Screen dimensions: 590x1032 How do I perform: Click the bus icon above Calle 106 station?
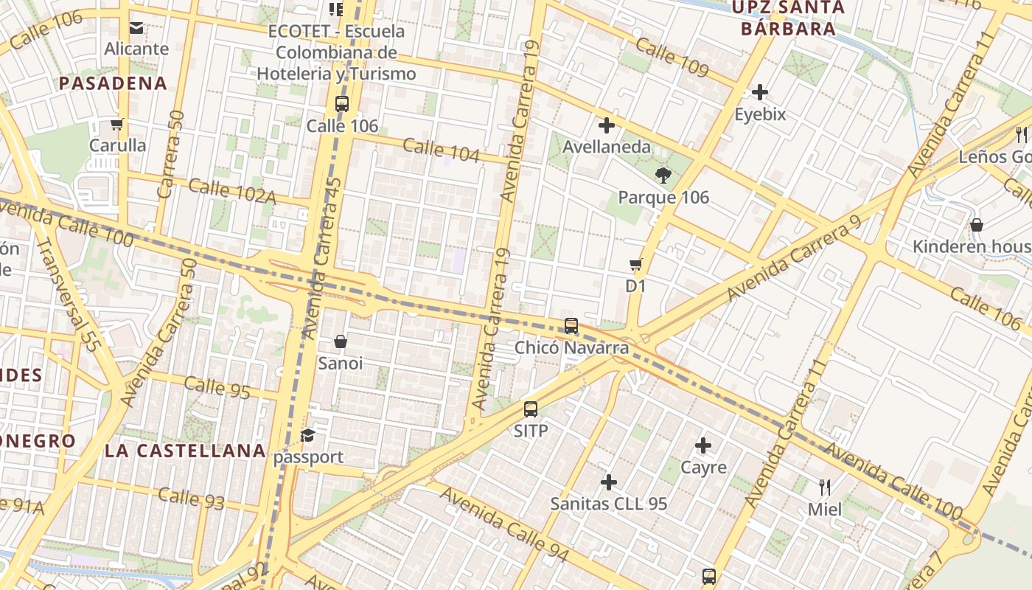tap(341, 104)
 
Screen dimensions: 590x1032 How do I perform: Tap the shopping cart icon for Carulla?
tap(116, 124)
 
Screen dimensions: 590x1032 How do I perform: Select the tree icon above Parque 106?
tap(663, 176)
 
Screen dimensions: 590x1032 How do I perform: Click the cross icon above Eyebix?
tap(760, 92)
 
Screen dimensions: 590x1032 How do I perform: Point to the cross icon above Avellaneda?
tap(607, 125)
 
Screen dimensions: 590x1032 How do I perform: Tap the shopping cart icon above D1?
tap(635, 264)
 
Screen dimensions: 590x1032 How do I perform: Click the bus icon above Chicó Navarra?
tap(571, 326)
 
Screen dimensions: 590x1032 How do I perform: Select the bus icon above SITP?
tap(531, 409)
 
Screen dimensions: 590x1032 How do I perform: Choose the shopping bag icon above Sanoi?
tap(341, 341)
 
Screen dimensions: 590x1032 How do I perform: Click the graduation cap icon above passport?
tap(307, 436)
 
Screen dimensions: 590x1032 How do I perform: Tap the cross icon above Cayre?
tap(703, 445)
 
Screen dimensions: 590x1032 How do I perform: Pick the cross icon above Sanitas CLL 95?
tap(609, 482)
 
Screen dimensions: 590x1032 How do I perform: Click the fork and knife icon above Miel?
tap(825, 487)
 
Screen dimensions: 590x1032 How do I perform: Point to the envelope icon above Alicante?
tap(136, 28)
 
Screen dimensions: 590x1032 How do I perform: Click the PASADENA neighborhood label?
tap(113, 83)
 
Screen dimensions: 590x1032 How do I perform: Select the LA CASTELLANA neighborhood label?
tap(184, 451)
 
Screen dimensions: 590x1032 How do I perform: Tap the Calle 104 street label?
tap(442, 150)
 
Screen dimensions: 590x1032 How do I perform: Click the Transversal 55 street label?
tap(67, 294)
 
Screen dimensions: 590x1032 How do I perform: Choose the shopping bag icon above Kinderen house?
tap(977, 225)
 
